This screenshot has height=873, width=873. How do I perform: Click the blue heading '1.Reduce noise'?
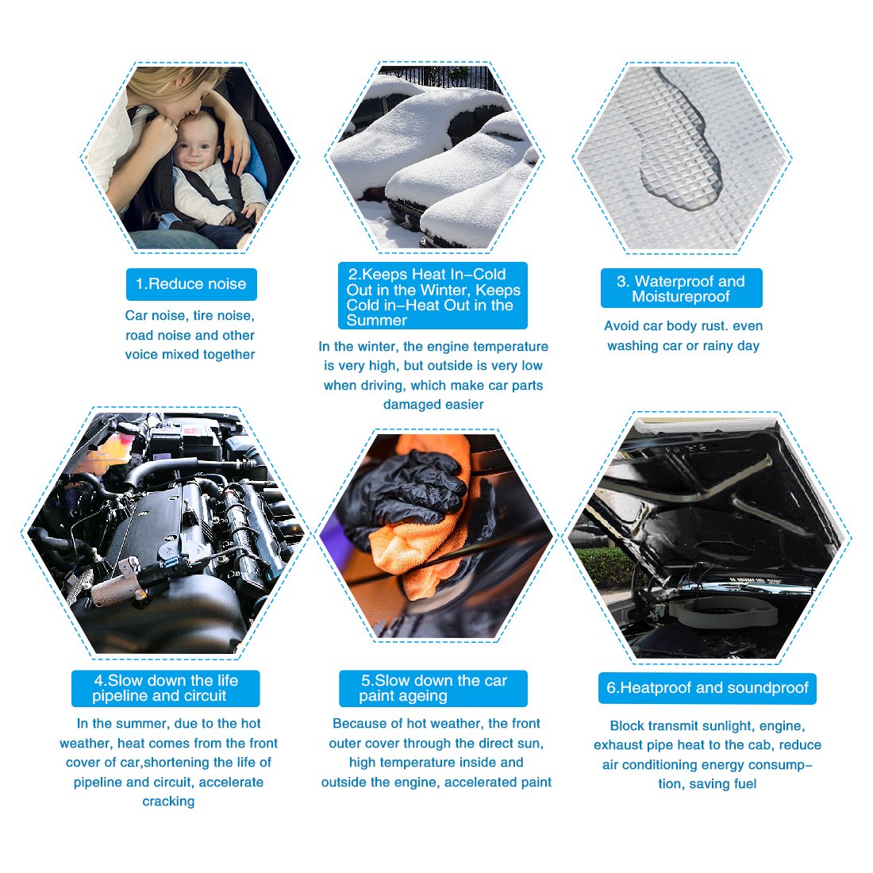click(x=191, y=284)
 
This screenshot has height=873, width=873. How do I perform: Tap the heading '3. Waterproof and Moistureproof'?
click(x=681, y=289)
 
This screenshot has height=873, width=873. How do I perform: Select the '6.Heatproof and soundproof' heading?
click(x=707, y=688)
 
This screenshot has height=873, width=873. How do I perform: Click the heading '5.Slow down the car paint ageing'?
click(x=433, y=688)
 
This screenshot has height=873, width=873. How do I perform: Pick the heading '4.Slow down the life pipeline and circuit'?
click(x=165, y=688)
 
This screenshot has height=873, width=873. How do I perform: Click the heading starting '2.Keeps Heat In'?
click(x=433, y=297)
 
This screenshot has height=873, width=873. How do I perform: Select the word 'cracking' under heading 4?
click(x=168, y=802)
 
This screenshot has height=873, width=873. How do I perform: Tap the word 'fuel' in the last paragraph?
click(x=745, y=784)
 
